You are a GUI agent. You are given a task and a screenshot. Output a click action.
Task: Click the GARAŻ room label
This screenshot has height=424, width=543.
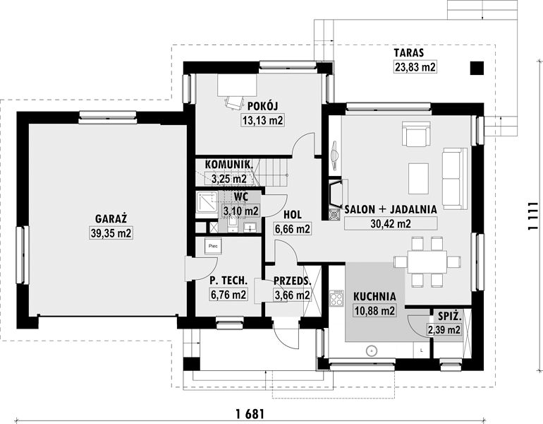[x=111, y=218]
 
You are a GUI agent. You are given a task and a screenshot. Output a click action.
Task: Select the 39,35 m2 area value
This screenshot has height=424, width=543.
[x=111, y=233]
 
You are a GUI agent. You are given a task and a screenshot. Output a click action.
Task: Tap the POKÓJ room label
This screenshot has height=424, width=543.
[x=263, y=106]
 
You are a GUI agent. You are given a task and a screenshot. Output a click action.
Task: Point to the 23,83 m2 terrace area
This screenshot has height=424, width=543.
[x=415, y=66]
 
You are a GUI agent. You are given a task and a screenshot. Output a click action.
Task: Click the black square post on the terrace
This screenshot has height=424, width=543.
[x=477, y=68]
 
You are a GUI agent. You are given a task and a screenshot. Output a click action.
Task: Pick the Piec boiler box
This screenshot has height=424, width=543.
[x=213, y=246]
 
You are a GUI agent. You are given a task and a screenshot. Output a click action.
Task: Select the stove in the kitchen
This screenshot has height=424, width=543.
[x=336, y=298]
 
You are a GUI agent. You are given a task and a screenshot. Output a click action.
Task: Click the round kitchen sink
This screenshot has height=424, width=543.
[x=372, y=351]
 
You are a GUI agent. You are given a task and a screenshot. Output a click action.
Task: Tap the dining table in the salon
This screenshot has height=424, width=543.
[x=427, y=261]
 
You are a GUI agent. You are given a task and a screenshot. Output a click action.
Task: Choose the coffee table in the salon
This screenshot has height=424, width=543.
[x=418, y=178]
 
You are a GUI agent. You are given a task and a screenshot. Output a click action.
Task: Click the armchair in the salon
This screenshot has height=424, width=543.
[x=416, y=134]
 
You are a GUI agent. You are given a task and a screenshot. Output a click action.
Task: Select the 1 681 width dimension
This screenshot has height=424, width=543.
[x=250, y=414]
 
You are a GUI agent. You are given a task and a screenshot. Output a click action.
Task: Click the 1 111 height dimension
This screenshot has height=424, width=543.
[x=534, y=216]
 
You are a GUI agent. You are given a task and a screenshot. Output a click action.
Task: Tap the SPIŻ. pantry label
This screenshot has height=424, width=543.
[x=449, y=316]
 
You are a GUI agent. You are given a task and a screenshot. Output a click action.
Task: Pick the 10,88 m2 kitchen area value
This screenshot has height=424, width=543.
[x=374, y=311]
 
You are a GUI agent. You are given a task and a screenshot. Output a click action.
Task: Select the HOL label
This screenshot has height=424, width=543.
[x=292, y=214]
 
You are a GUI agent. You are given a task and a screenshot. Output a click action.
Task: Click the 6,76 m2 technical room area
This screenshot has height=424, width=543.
[x=228, y=295]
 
